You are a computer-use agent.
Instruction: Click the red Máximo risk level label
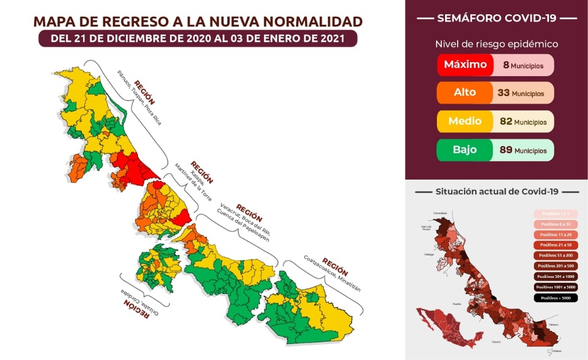coord(465,65)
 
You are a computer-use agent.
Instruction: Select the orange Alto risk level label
coord(465,92)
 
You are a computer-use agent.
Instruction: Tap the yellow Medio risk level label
coord(465,122)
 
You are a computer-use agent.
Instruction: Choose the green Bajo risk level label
coord(465,150)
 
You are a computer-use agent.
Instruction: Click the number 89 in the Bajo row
coord(505,150)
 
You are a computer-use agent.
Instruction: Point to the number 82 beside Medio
coord(505,122)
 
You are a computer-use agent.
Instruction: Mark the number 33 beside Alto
coord(503,92)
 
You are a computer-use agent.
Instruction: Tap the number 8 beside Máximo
coord(506,65)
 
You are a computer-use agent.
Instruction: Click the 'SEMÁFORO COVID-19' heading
coord(496,18)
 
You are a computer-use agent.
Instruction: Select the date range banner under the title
coord(198,39)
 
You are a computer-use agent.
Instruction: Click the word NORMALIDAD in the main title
coord(312,22)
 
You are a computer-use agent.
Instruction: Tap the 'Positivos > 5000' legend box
coord(556,297)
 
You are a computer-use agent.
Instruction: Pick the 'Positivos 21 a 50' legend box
coord(556,245)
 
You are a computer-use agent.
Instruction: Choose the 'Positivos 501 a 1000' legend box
coord(556,276)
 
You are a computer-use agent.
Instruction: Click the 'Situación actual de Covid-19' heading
coord(497,191)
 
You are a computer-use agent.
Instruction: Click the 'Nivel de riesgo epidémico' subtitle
coord(496,44)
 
